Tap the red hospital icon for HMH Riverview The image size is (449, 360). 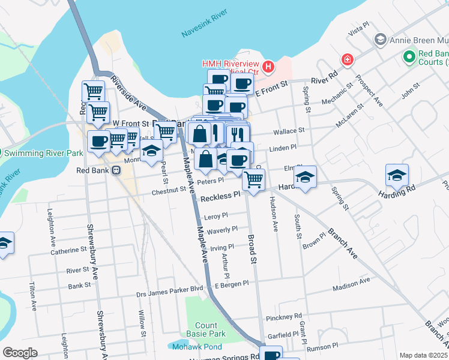point(268,65)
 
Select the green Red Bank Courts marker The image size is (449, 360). point(409,57)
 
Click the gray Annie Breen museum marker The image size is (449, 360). point(379,40)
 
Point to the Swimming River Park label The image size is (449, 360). point(43,153)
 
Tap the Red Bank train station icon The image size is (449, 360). point(116,170)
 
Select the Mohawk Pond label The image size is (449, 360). point(188,347)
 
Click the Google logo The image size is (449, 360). point(20,353)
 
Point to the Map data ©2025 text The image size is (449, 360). point(423,355)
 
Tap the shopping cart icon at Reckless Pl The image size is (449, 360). point(254,178)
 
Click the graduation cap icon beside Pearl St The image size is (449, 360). point(152,151)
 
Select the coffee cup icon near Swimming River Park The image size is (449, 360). point(98,142)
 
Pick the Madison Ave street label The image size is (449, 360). point(352,288)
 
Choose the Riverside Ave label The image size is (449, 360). point(128,96)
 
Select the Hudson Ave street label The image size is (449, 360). point(276,214)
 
